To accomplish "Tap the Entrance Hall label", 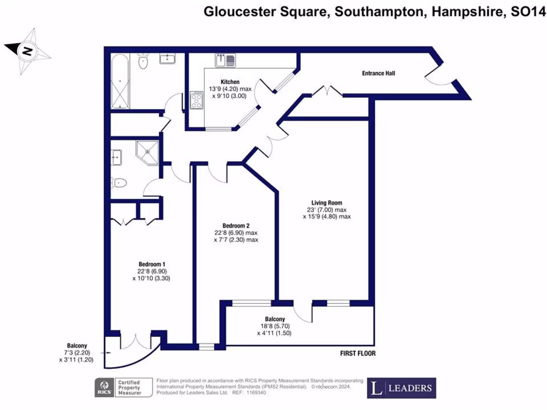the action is [x=379, y=73].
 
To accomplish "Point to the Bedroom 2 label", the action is [x=236, y=225].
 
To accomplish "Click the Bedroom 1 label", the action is [x=152, y=264].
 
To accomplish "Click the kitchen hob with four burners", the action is [x=197, y=100].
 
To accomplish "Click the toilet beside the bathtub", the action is [x=142, y=62].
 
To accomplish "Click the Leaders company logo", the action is [x=401, y=388].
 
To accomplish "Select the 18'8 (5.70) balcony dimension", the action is [x=273, y=326].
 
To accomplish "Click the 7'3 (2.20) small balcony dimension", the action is [x=76, y=353].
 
